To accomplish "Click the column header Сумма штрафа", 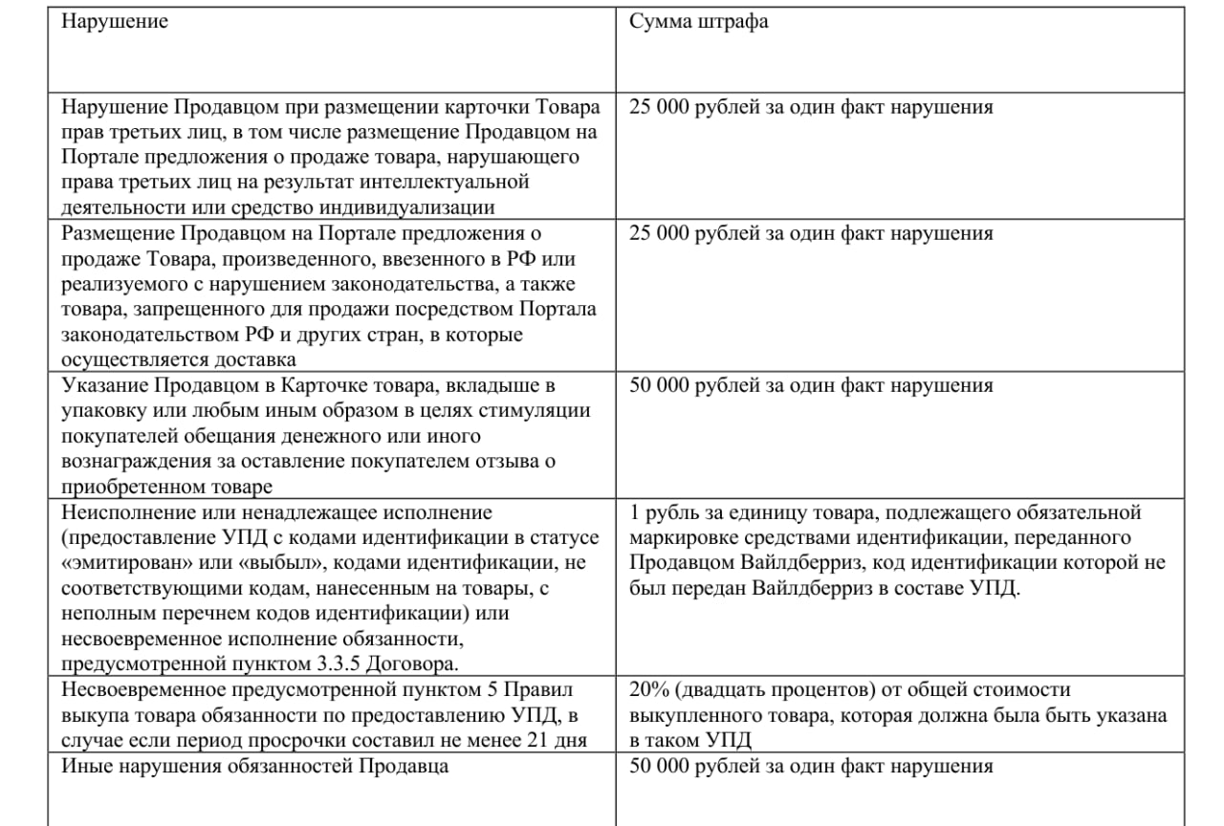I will coord(698,22).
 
